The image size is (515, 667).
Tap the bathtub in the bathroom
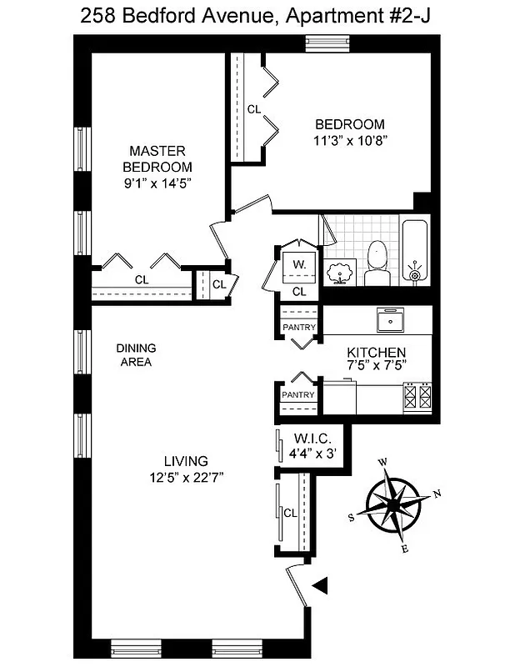click(x=414, y=250)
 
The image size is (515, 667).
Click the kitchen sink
click(x=389, y=318)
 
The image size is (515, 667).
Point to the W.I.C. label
click(x=312, y=439)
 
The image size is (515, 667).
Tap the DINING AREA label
click(x=136, y=355)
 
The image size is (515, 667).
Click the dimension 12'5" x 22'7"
click(x=185, y=476)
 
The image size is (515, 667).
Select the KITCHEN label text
click(x=377, y=352)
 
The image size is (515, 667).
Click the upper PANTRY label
click(x=298, y=328)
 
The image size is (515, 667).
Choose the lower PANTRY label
click(x=298, y=395)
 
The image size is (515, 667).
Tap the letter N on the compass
click(x=437, y=494)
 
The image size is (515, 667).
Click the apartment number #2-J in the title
click(x=407, y=14)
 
